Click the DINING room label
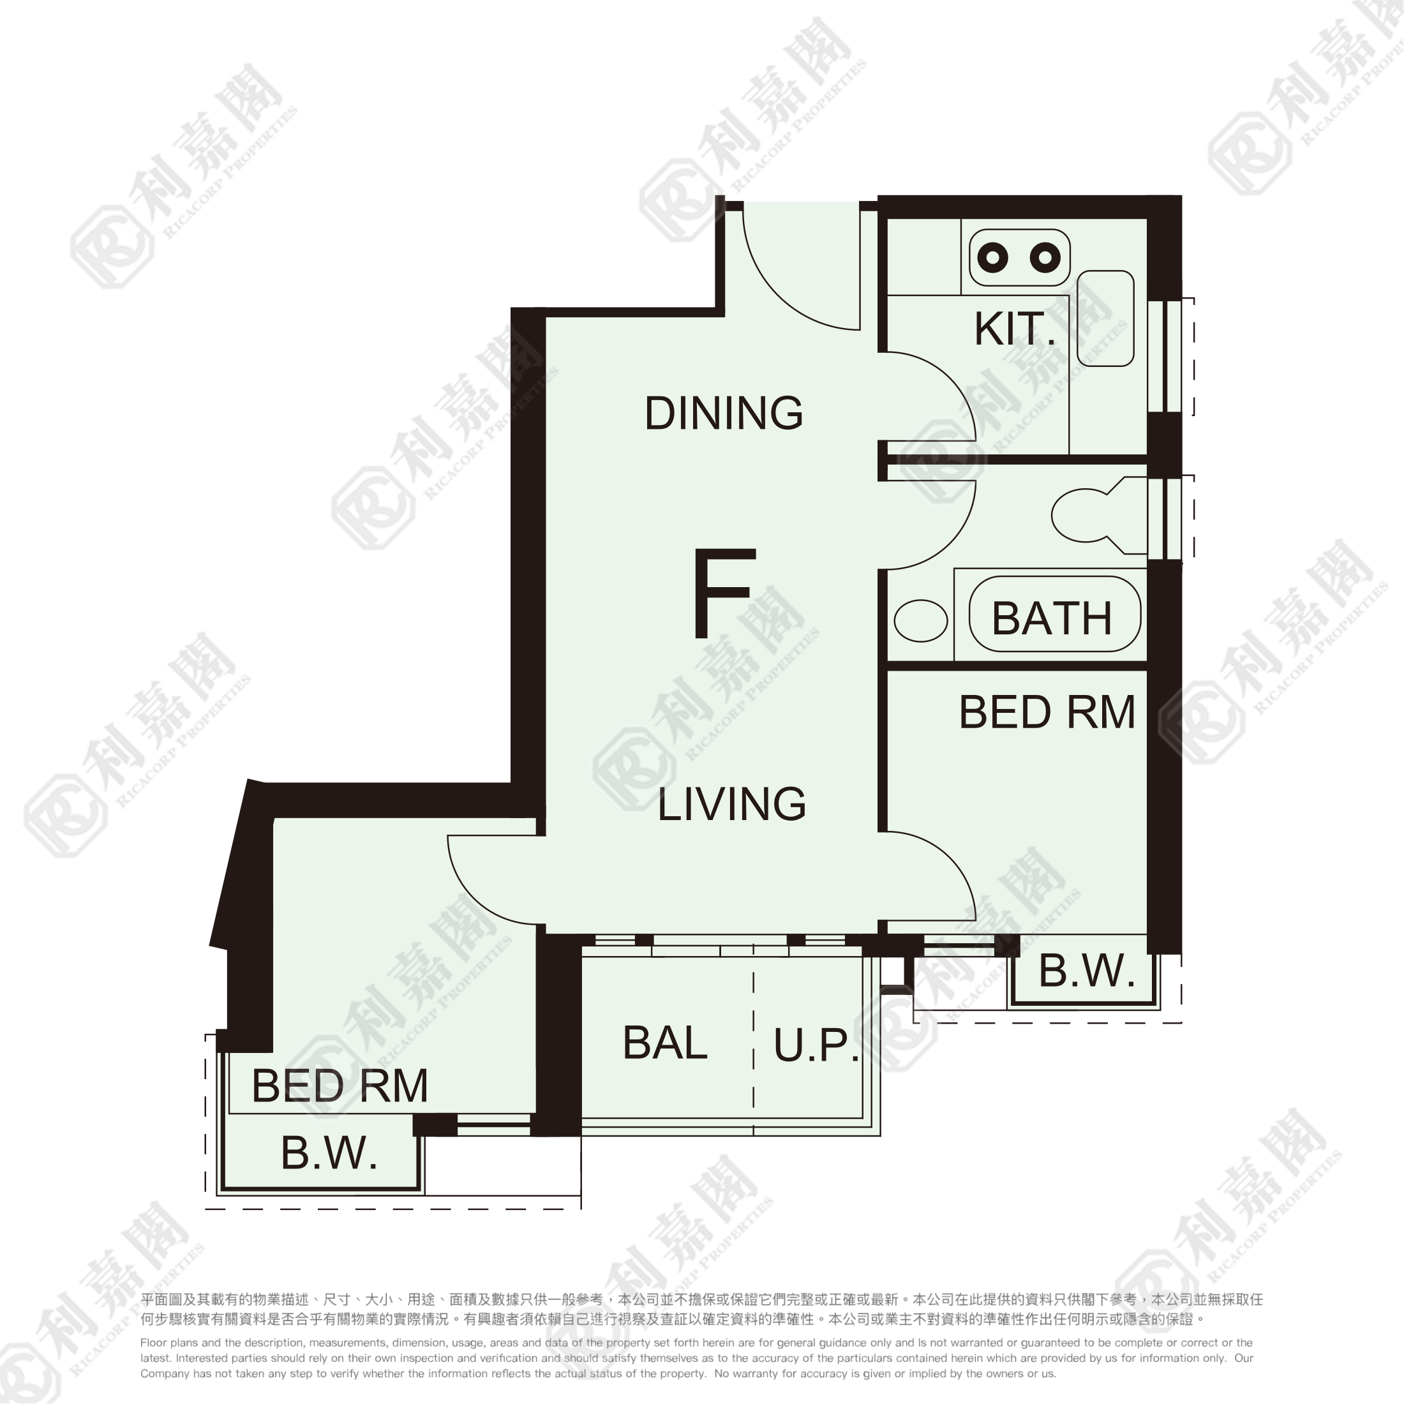coord(724,413)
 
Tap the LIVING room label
coord(732,803)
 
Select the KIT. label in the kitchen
coord(1015,329)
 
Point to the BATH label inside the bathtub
coord(1052,618)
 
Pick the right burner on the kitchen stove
coord(1045,257)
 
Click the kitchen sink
coord(1105,318)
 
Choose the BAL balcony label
coord(665,1043)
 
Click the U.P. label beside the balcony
coord(816,1046)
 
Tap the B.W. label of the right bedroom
coord(1086,971)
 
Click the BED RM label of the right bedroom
coord(1047,712)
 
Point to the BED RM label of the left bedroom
coord(340,1086)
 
